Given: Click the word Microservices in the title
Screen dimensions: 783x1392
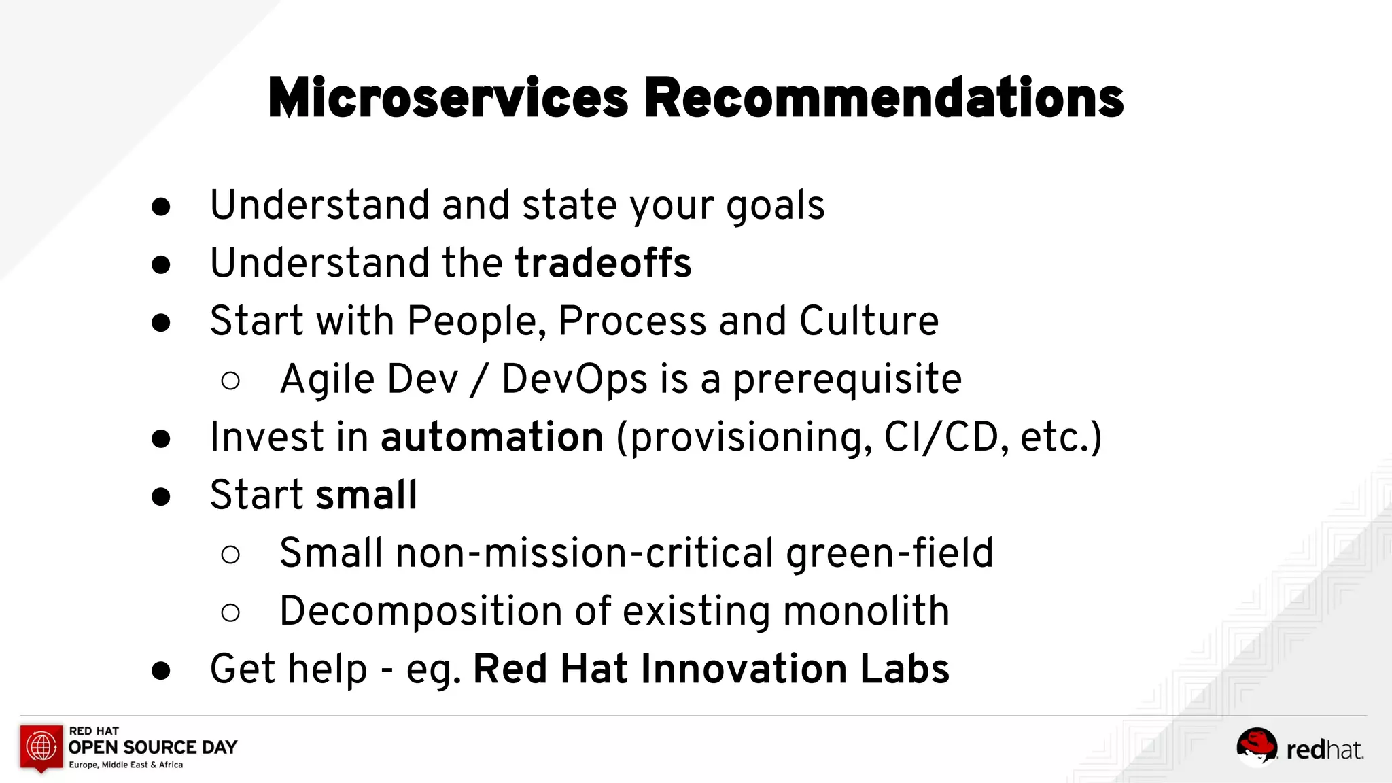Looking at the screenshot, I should (449, 99).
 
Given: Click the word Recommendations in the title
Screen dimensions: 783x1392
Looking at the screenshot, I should (884, 99).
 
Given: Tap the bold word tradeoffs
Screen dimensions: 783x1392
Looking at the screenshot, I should (603, 263).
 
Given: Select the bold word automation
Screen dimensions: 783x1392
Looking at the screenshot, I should (492, 437).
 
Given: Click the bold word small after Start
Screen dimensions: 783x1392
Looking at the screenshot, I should (366, 495).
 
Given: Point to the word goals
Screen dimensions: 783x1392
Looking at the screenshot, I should (775, 206).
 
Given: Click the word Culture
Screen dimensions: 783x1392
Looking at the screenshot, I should (869, 321).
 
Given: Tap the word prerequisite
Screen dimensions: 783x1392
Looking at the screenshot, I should (847, 380).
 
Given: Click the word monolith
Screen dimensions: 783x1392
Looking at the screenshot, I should (866, 611).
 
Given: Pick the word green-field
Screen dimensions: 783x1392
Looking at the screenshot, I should (890, 553).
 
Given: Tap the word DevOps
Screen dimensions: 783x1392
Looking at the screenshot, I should (574, 379).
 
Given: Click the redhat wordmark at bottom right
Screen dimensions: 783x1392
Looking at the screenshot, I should (1324, 750).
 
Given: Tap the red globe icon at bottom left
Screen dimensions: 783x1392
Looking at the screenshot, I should (41, 747).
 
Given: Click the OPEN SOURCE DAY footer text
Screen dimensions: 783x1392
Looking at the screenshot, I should (153, 748).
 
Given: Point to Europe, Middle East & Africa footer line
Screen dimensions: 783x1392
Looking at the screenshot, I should (126, 765).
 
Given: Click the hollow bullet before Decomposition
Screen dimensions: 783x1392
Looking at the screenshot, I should (230, 612).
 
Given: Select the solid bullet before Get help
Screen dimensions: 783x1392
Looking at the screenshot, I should (161, 671).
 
